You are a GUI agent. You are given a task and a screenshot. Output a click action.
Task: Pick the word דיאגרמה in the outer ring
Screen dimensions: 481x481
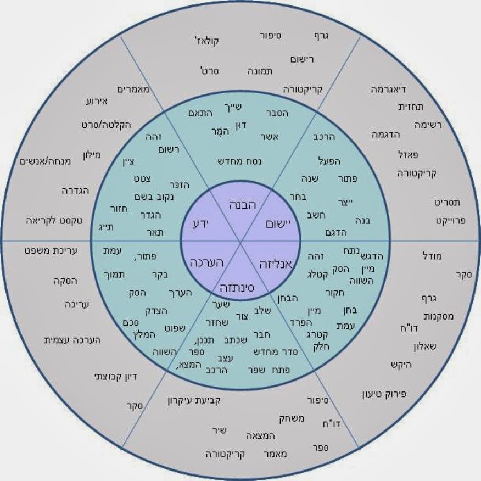point(389,88)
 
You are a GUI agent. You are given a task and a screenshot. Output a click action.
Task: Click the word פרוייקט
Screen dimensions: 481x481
point(450,220)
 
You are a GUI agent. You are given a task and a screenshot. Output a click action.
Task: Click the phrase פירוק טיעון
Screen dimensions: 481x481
point(384,394)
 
